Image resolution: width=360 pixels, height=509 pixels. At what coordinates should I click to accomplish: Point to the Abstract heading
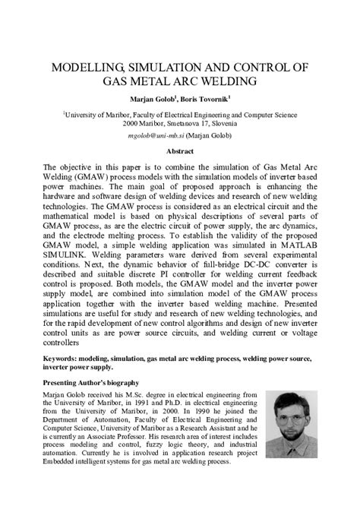click(x=181, y=151)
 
